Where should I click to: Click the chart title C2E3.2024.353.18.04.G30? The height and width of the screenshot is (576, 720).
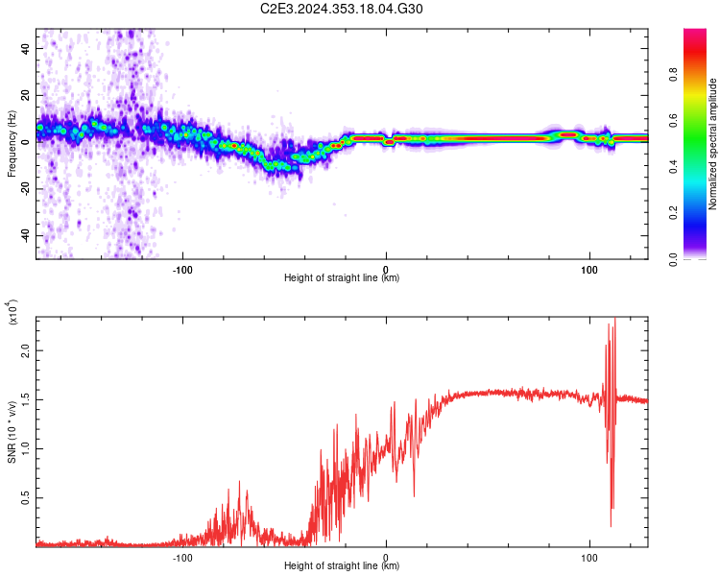(341, 9)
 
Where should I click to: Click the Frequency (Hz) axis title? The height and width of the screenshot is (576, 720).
(12, 144)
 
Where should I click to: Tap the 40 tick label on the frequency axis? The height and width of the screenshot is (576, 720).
(25, 48)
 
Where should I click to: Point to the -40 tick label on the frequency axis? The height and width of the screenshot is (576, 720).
(25, 236)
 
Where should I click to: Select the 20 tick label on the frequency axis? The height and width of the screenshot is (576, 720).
(25, 95)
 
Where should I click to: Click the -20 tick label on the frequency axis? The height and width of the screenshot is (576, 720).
(25, 189)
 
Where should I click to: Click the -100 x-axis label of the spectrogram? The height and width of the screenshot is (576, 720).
(182, 270)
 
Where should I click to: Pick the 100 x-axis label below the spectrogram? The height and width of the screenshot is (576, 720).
(589, 270)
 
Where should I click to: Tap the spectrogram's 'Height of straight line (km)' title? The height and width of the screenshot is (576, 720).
(342, 277)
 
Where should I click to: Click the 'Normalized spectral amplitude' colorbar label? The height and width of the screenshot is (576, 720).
(712, 144)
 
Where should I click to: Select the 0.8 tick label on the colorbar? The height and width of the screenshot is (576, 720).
(673, 74)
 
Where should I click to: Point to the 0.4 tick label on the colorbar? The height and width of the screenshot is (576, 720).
(673, 167)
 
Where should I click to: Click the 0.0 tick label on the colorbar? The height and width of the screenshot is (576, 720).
(673, 259)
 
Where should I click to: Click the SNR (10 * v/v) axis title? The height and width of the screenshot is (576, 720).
(12, 432)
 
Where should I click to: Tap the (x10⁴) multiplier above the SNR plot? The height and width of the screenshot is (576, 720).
(12, 312)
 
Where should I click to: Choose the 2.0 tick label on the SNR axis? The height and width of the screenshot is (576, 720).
(25, 350)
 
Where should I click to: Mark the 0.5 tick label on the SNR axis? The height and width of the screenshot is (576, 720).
(25, 498)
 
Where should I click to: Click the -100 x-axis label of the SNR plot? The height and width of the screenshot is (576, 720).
(182, 558)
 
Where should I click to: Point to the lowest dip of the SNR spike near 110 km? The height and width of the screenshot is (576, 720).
(611, 526)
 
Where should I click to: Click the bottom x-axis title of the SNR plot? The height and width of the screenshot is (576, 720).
(342, 565)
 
